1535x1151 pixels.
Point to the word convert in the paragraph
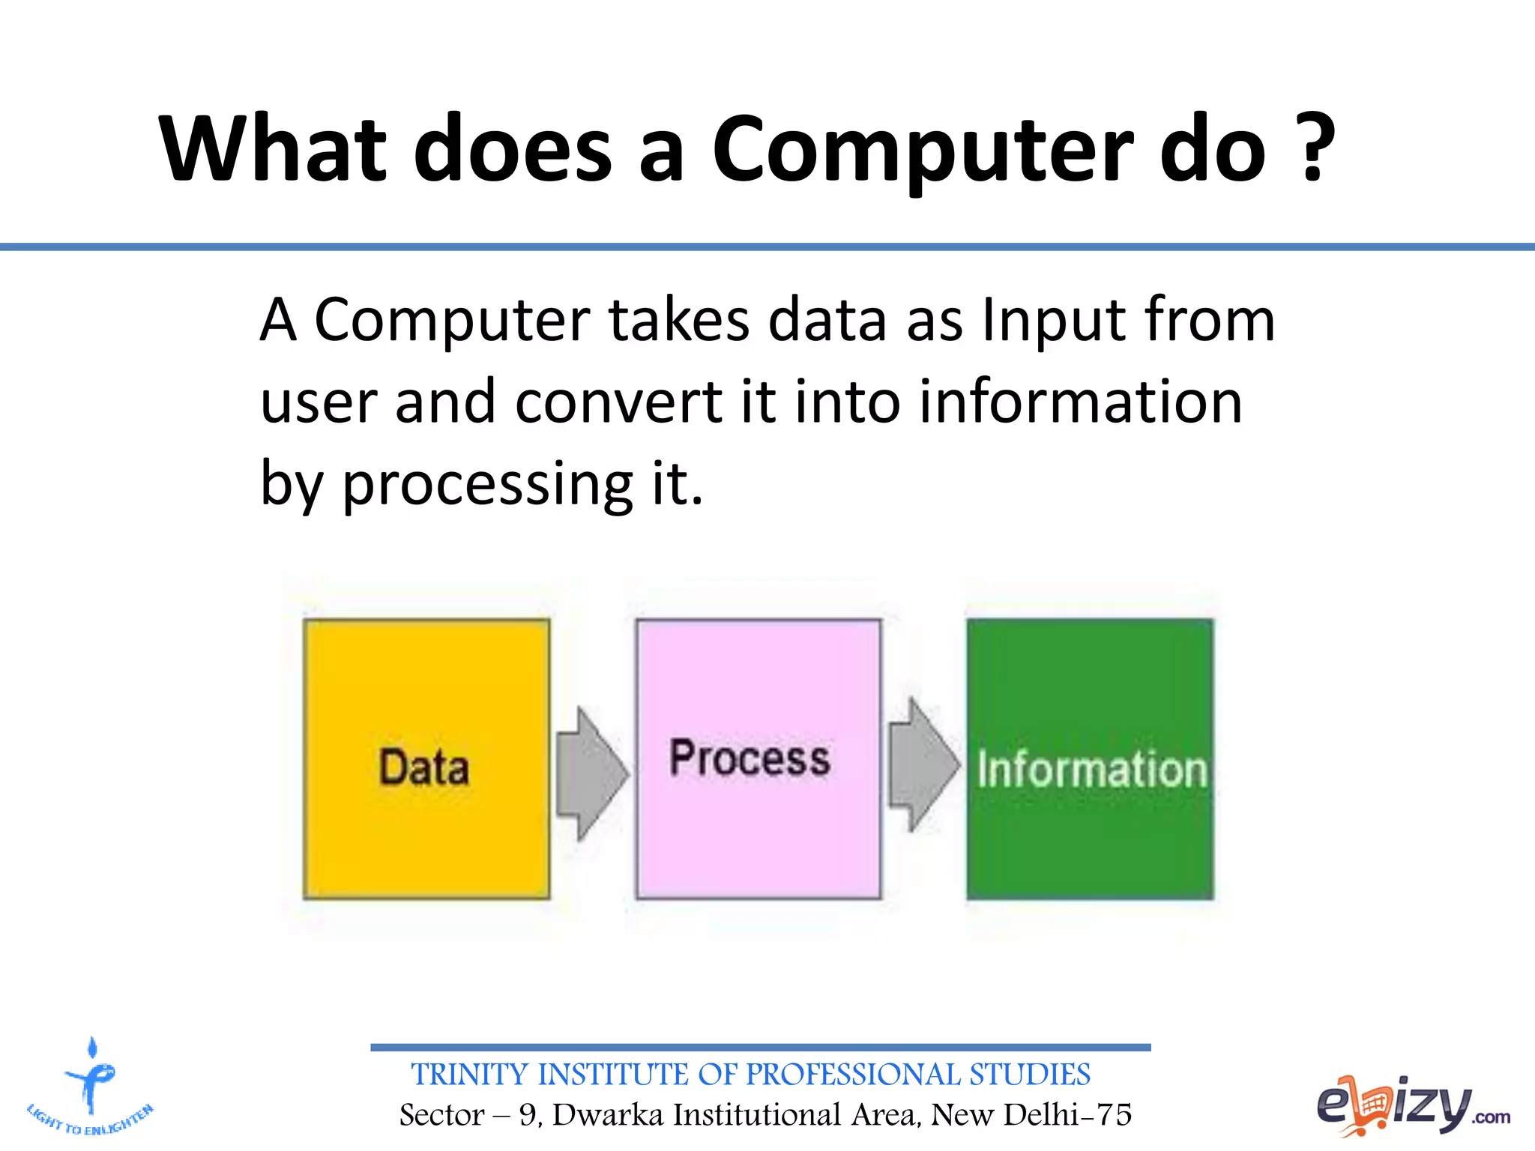tap(619, 402)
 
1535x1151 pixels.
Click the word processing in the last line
tap(488, 485)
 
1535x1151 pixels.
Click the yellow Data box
tap(426, 758)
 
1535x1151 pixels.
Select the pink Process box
tap(758, 758)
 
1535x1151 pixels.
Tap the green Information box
tap(1089, 758)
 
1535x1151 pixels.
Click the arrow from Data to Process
tap(592, 773)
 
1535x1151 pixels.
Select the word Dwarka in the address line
tap(608, 1115)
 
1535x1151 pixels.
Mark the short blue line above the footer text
tap(760, 1047)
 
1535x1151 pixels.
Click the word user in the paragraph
tap(319, 402)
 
